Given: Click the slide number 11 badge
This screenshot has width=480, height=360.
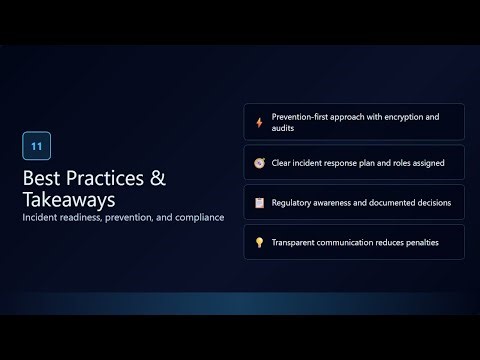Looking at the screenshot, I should (36, 146).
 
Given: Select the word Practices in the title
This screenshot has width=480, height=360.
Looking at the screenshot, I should (110, 179).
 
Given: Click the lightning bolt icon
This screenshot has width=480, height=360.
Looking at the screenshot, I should (259, 122).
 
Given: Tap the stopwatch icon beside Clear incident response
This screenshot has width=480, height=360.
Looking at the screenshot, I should (259, 162).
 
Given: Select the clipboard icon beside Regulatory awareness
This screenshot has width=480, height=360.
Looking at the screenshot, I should (259, 202).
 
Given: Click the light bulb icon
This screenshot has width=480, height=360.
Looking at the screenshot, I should (259, 242).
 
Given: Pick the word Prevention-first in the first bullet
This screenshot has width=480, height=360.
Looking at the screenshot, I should (303, 117).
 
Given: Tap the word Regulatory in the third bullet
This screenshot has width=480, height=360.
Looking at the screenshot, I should (295, 202).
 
